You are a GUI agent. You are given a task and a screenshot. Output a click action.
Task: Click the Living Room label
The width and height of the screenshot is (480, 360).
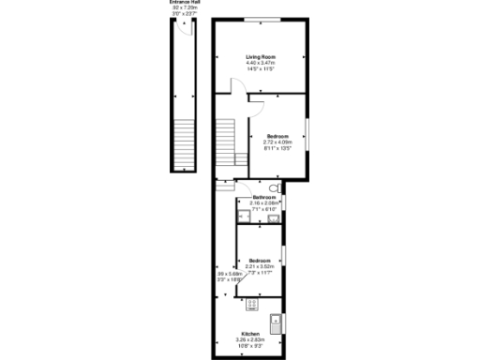point(259,56)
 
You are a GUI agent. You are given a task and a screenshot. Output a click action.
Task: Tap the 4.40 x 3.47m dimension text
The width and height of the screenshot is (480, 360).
point(259,63)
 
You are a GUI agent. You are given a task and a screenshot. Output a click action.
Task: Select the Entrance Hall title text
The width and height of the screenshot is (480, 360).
point(185,3)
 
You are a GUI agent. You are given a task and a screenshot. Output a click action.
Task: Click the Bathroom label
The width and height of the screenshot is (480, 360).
point(263,197)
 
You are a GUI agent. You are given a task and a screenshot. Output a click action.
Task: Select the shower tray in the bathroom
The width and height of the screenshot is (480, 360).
point(246,218)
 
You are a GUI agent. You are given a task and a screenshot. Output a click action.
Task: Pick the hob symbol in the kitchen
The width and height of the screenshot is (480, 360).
point(251,303)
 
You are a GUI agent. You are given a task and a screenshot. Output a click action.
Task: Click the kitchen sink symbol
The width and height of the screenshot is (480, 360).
point(276,323)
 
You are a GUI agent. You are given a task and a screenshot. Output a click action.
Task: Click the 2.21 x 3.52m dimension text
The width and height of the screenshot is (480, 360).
point(260,266)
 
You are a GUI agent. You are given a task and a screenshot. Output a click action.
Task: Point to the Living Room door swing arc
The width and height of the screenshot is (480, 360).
point(239,91)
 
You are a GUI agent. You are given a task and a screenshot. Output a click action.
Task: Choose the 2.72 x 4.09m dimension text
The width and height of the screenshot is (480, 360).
point(279,142)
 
